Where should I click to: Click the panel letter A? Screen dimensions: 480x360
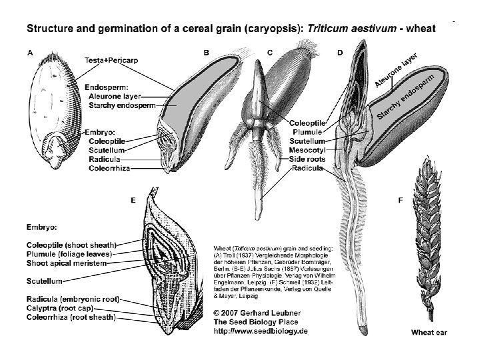click(x=29, y=52)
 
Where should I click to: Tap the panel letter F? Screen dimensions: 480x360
click(x=399, y=199)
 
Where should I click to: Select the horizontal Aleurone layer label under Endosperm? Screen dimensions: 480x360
click(x=114, y=96)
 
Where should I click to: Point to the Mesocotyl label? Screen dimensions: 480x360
click(x=307, y=151)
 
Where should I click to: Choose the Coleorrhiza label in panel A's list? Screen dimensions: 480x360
click(x=109, y=169)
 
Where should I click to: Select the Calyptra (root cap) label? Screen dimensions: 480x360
click(x=59, y=308)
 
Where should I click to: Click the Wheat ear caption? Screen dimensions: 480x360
click(x=429, y=331)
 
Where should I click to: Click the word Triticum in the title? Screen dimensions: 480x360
click(x=331, y=29)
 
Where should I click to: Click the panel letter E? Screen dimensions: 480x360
click(x=134, y=199)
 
